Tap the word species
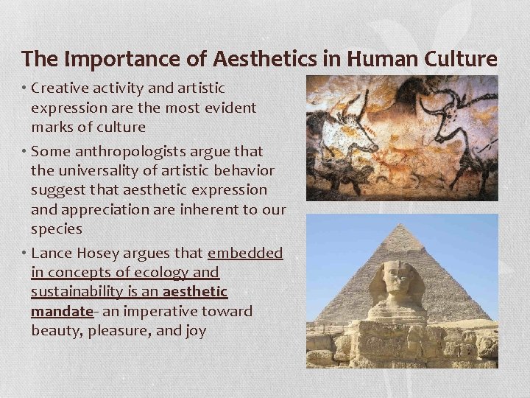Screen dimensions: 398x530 [x=57, y=228]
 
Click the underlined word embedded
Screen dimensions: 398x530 [x=245, y=254]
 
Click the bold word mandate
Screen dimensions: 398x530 [x=60, y=311]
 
